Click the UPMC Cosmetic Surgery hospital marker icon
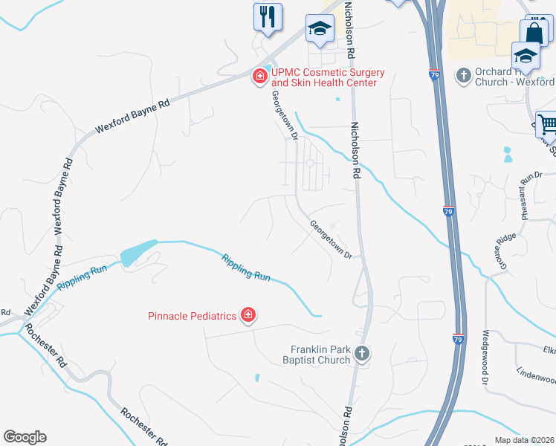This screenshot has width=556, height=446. click(260, 77)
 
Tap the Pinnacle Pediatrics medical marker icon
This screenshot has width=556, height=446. click(248, 316)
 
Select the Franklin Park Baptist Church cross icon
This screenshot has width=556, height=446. click(362, 354)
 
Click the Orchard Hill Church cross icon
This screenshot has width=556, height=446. click(464, 75)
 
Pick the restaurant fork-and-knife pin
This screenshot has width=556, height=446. click(268, 16)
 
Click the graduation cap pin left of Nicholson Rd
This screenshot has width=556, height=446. click(320, 29)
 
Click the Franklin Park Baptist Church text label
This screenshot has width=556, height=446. click(320, 355)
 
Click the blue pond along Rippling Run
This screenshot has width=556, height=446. click(138, 253)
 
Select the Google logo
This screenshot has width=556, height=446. click(25, 437)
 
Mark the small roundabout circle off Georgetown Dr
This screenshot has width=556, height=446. click(309, 164)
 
